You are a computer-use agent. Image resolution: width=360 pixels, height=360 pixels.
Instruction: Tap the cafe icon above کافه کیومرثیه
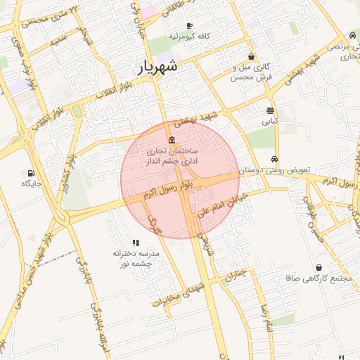pyautogui.click(x=188, y=25)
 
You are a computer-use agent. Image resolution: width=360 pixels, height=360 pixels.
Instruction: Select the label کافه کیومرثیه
pyautogui.click(x=188, y=36)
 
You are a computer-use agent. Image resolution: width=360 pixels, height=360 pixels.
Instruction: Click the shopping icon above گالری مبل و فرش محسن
pyautogui.click(x=252, y=57)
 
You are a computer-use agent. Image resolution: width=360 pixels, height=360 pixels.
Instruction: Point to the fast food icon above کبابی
pyautogui.click(x=270, y=110)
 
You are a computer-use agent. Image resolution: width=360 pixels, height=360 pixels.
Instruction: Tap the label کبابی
pyautogui.click(x=270, y=121)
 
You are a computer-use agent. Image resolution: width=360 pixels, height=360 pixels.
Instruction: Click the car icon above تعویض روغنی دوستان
pyautogui.click(x=274, y=159)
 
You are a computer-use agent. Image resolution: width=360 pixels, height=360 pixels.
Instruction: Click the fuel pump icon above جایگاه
pyautogui.click(x=31, y=173)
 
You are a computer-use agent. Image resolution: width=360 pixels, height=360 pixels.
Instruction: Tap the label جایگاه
pyautogui.click(x=32, y=184)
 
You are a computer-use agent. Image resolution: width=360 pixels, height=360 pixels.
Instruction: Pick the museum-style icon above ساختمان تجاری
pyautogui.click(x=172, y=140)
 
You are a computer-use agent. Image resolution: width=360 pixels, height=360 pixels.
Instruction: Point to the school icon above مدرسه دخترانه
pyautogui.click(x=136, y=242)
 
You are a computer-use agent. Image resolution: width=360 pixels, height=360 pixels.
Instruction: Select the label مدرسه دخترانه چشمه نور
pyautogui.click(x=136, y=257)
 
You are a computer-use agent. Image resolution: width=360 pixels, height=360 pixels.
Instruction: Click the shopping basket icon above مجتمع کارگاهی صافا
pyautogui.click(x=319, y=268)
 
